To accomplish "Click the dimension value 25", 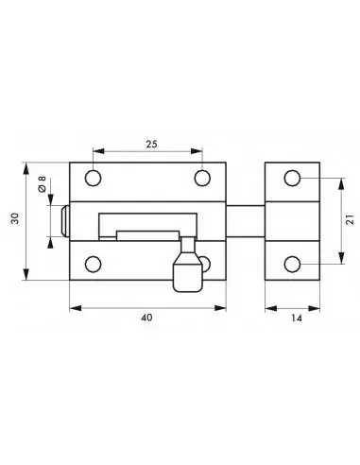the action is click(x=151, y=144).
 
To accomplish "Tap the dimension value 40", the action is click(x=146, y=318).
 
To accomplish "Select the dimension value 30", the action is click(x=15, y=218).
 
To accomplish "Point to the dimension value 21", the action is click(x=350, y=219).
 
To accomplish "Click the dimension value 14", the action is click(x=297, y=319).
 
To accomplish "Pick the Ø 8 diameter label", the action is click(x=42, y=184).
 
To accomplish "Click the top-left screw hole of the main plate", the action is click(x=93, y=178).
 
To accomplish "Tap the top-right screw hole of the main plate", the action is click(x=202, y=178).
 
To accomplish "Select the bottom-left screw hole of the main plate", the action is click(x=93, y=264).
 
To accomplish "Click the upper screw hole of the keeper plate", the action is click(x=292, y=178).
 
